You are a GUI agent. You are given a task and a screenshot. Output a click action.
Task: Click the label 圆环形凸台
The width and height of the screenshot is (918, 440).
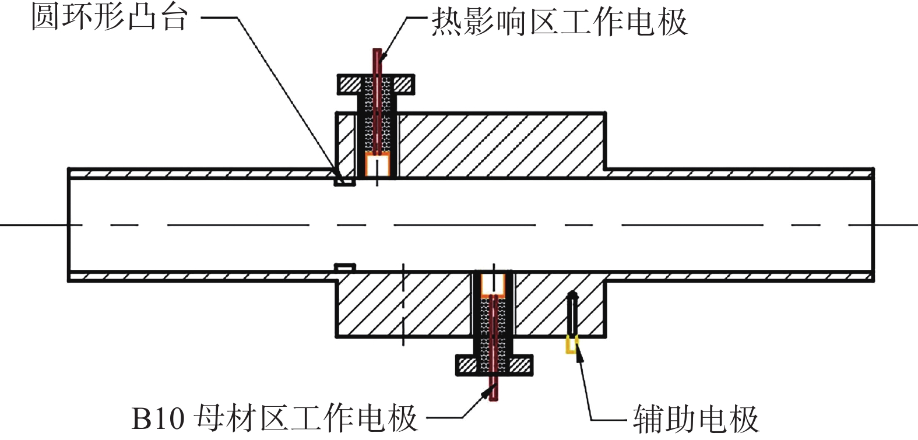click(109, 16)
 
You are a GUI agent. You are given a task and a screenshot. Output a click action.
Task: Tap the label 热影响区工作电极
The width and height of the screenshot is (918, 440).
click(559, 22)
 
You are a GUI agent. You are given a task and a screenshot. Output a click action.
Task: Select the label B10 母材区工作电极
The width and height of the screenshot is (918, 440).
click(275, 417)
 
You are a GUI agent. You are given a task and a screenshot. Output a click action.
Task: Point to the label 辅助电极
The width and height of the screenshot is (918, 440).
click(696, 418)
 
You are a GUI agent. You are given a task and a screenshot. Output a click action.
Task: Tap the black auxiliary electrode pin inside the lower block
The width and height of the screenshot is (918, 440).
click(572, 312)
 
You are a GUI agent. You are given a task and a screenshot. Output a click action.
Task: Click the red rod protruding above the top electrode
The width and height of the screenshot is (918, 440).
click(378, 61)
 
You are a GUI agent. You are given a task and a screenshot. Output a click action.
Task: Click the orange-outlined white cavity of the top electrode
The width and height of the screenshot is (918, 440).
click(377, 165)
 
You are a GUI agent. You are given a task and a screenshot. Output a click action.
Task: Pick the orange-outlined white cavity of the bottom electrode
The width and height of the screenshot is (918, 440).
click(493, 283)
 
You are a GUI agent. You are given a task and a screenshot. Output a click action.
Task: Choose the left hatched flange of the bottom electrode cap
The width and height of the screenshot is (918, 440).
click(467, 365)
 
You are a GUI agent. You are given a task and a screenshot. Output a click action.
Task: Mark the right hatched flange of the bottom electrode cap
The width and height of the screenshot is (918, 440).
click(520, 365)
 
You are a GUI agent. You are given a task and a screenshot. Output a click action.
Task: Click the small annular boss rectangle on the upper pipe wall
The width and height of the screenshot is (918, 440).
click(344, 181)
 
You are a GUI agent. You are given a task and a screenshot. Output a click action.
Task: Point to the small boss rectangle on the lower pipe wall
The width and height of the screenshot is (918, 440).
click(344, 267)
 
